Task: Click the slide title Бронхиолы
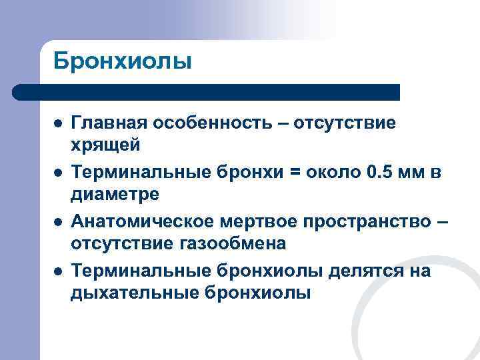[123, 61]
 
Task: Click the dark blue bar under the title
[207, 91]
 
